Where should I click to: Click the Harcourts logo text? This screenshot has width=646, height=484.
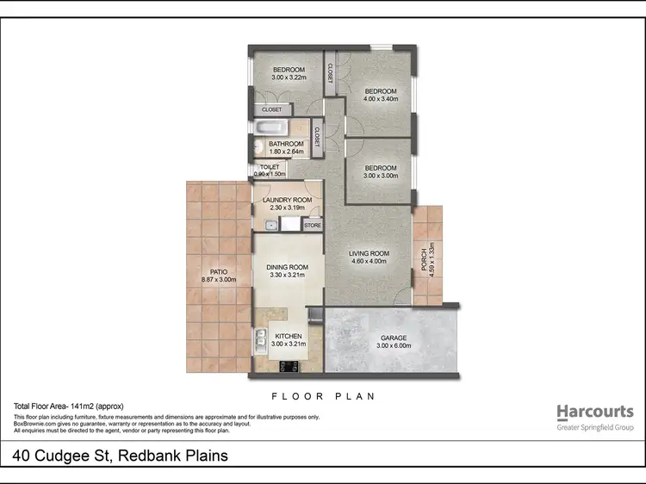point(594,412)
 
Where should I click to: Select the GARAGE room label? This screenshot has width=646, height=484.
point(394,338)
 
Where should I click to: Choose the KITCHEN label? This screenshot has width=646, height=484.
point(288,337)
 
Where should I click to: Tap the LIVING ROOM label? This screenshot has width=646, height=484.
point(369,254)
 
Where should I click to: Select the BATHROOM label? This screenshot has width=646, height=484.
point(286,144)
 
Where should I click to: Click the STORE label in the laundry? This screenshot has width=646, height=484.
point(312,226)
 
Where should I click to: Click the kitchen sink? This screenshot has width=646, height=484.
point(259,341)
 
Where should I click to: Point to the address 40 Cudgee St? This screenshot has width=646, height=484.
point(121,456)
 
